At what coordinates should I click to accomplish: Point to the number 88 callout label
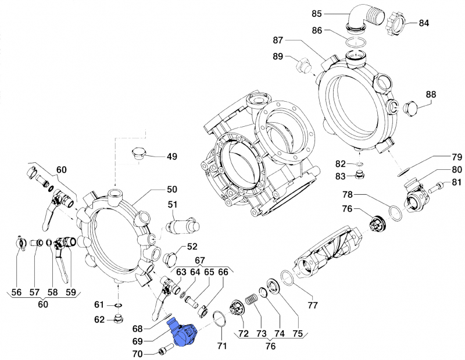[431, 94]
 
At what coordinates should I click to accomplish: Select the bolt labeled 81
[437, 187]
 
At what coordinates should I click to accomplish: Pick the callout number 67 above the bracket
[199, 260]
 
